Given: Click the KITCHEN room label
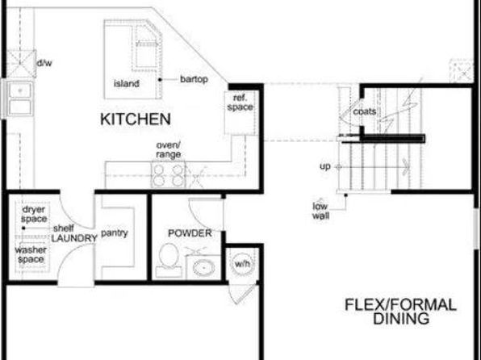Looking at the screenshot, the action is click(x=136, y=119).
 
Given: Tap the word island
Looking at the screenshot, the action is click(x=127, y=83).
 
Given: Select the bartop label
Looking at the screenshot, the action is click(x=194, y=79).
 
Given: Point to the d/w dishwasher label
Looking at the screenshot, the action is click(x=44, y=63).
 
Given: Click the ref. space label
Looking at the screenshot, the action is click(x=240, y=103).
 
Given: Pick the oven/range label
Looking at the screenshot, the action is click(x=169, y=149).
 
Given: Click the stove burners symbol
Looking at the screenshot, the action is click(x=168, y=175).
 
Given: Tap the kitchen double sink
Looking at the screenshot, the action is click(x=19, y=98).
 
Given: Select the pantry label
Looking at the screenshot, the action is click(x=115, y=233).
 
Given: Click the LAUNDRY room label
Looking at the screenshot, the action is click(x=74, y=238).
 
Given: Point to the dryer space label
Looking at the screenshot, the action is click(x=34, y=214).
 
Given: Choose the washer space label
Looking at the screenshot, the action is click(x=31, y=254).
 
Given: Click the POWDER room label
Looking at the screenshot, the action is click(x=190, y=233).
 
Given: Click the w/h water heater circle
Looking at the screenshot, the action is click(x=242, y=263).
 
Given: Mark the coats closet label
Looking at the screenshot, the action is click(x=365, y=111).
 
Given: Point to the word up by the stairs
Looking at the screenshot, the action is click(x=325, y=166).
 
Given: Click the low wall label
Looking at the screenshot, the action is click(x=320, y=211).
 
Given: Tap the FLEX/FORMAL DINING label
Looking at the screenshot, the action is click(x=401, y=312).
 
